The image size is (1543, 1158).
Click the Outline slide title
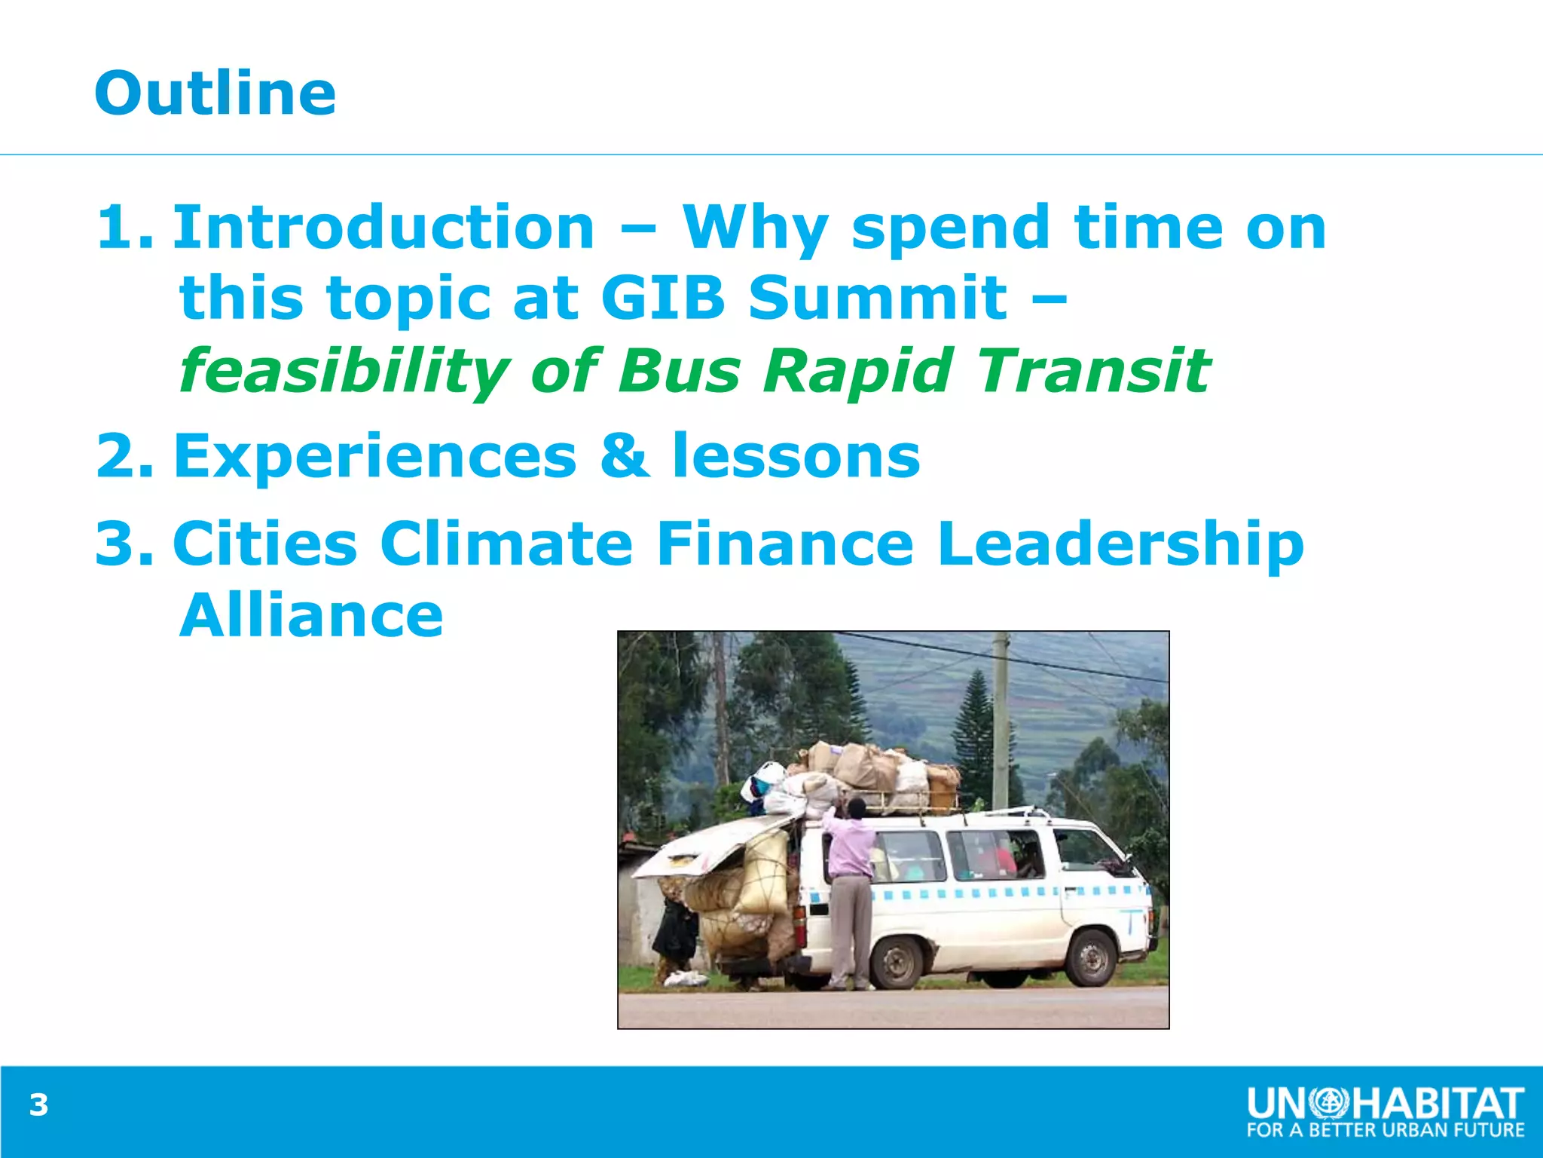(x=215, y=93)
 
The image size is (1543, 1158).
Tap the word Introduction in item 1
(x=383, y=227)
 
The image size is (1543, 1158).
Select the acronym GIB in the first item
(x=662, y=297)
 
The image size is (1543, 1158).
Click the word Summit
(x=877, y=297)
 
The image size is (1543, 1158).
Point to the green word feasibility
(x=344, y=371)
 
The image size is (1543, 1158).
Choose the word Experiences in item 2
(x=374, y=456)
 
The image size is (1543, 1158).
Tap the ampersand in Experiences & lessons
(x=625, y=456)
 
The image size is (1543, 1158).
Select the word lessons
(x=796, y=456)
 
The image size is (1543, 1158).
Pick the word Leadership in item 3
(x=1120, y=544)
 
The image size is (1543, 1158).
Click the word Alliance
(x=311, y=615)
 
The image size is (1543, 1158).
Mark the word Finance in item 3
(x=784, y=544)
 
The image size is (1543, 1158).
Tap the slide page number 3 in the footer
(x=38, y=1105)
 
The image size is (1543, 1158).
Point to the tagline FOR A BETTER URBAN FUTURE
(x=1386, y=1130)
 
